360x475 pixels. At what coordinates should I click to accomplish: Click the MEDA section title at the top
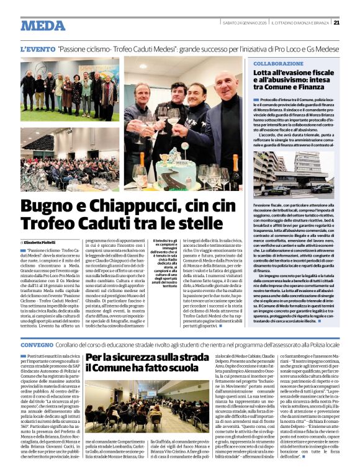coord(43,26)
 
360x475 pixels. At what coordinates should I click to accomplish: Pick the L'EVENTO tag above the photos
coord(37,48)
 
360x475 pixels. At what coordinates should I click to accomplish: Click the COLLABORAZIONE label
coord(278,64)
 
